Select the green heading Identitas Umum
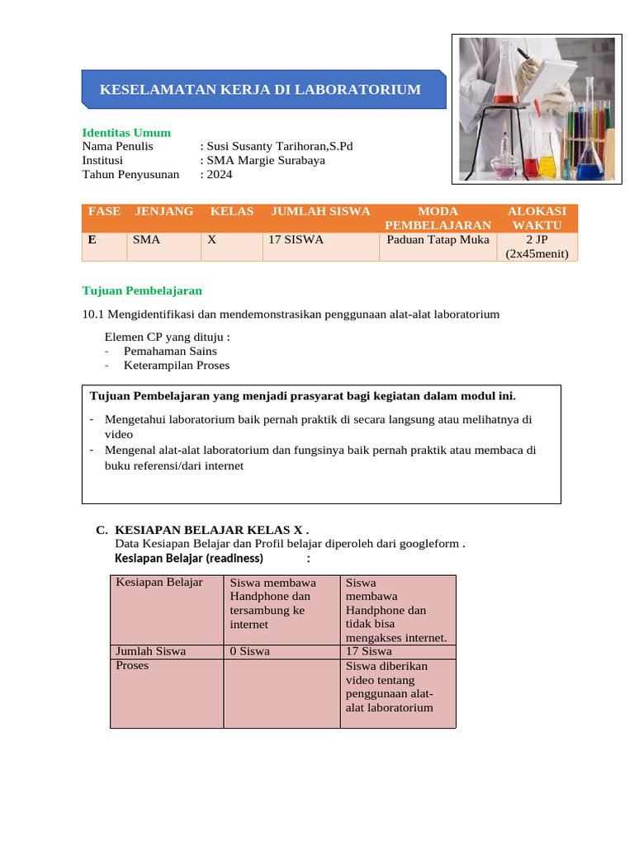(126, 133)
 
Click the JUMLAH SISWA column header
(320, 211)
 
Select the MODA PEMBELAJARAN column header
(438, 218)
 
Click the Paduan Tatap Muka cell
(438, 240)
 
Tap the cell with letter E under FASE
(92, 240)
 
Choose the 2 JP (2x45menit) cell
(537, 247)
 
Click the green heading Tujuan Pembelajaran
(142, 290)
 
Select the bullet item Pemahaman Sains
(170, 351)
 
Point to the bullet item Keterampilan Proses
(177, 365)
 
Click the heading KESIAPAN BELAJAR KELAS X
(211, 530)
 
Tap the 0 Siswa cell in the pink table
(250, 650)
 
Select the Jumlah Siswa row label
(151, 650)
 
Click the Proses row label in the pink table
(132, 665)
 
